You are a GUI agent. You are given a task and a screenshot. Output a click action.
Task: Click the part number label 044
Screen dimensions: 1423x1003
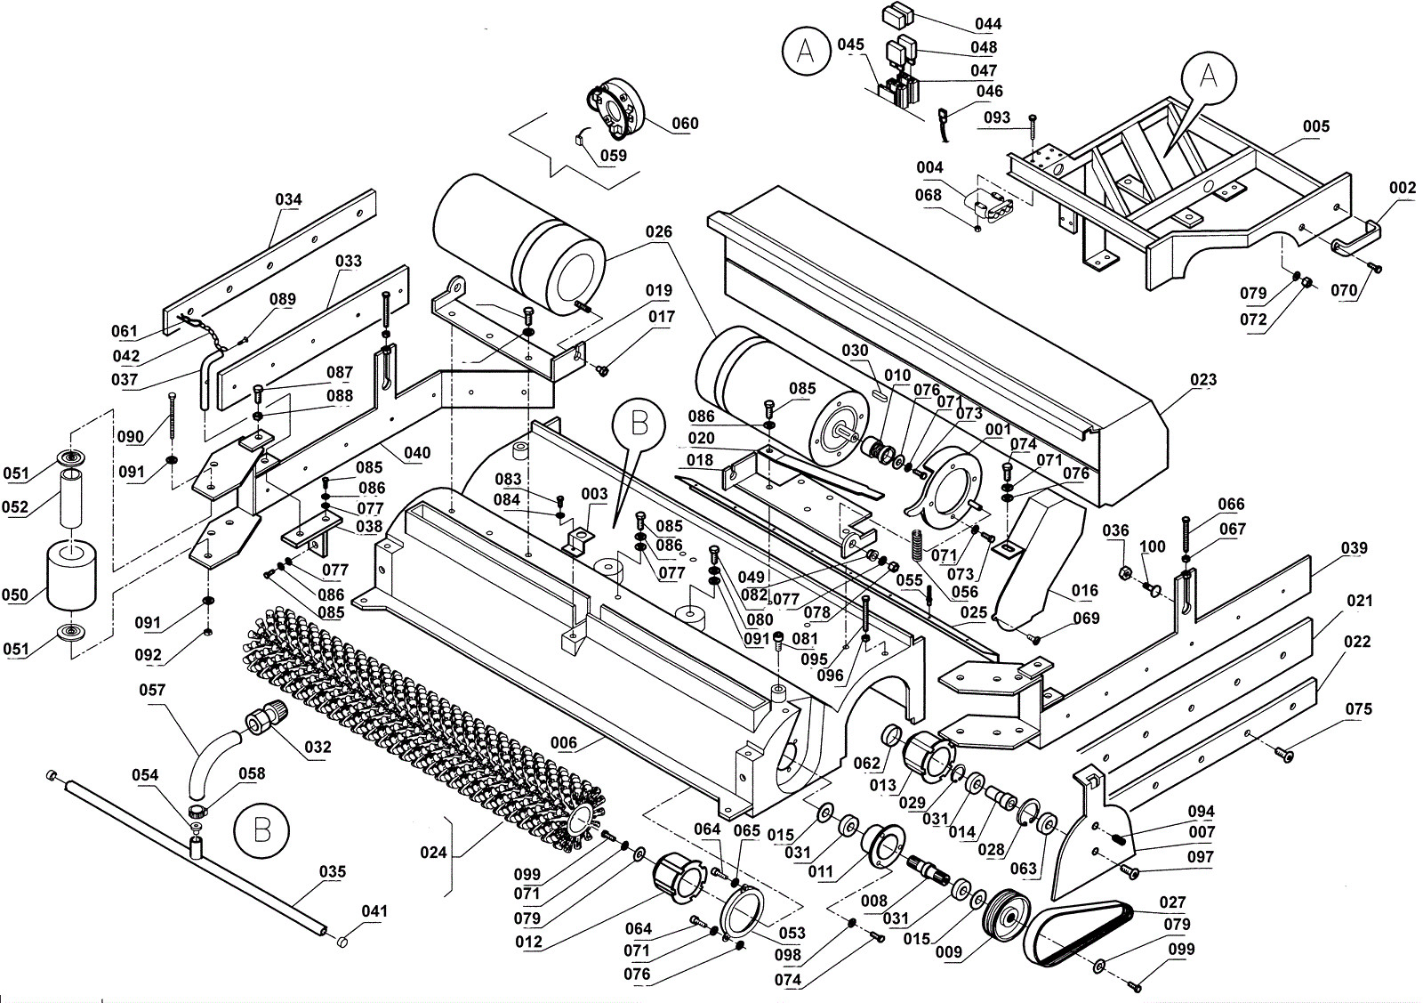pyautogui.click(x=988, y=24)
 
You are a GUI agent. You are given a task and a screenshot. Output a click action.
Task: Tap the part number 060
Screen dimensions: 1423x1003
pyautogui.click(x=685, y=124)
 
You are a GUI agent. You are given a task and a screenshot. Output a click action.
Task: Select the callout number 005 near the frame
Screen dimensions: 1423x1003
pyautogui.click(x=1315, y=126)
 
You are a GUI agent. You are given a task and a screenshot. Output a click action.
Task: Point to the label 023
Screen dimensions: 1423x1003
pyautogui.click(x=1203, y=380)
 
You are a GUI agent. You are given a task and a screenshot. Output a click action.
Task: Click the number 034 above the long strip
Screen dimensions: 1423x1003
pyautogui.click(x=288, y=199)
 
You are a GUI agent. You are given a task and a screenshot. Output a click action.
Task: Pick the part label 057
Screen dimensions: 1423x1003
pyautogui.click(x=152, y=691)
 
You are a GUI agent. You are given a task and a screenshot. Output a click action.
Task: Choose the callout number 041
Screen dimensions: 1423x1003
pyautogui.click(x=374, y=911)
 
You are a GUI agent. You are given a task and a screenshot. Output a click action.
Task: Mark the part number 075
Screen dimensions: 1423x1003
pyautogui.click(x=1359, y=709)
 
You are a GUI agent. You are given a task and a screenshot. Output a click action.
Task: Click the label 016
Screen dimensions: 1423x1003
pyautogui.click(x=1084, y=591)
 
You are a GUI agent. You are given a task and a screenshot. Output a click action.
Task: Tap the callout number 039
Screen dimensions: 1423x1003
pyautogui.click(x=1355, y=548)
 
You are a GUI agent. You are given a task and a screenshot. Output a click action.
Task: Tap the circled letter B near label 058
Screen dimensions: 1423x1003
pyautogui.click(x=261, y=830)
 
